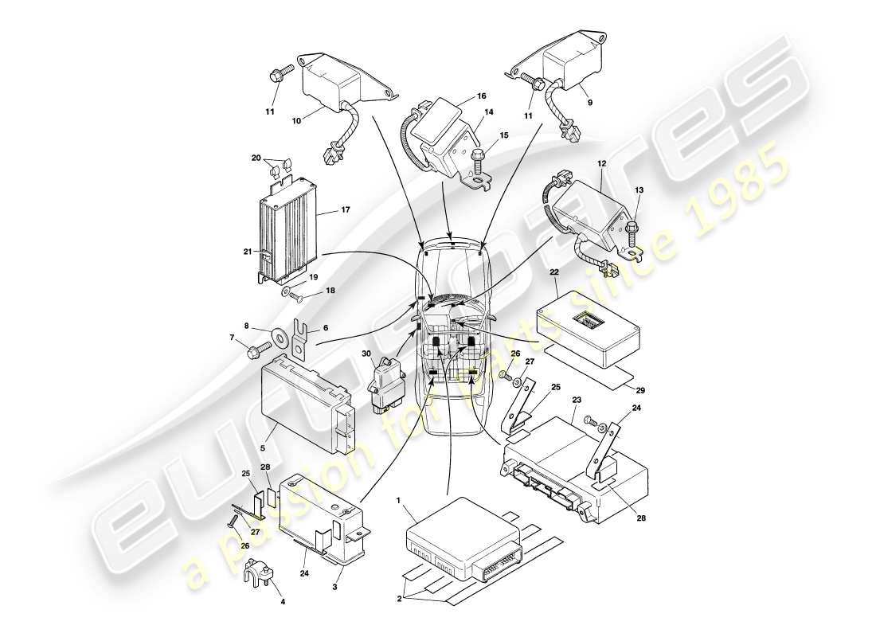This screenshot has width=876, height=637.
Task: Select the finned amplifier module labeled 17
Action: [x=285, y=231]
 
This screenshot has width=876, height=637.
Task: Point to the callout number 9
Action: [x=589, y=103]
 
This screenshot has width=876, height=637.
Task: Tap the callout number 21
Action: [x=248, y=252]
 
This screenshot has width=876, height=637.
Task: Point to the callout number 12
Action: [x=600, y=164]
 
